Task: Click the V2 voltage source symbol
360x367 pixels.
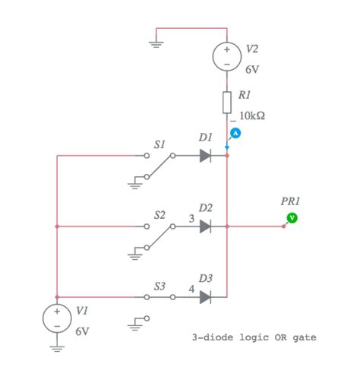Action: pyautogui.click(x=227, y=56)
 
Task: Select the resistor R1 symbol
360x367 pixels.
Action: pyautogui.click(x=227, y=101)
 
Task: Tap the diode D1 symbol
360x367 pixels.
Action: pyautogui.click(x=205, y=156)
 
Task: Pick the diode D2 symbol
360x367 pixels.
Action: pyautogui.click(x=205, y=226)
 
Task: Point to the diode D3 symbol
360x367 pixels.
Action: pyautogui.click(x=205, y=296)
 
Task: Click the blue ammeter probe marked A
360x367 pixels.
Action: pyautogui.click(x=235, y=133)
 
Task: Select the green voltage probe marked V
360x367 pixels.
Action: pyautogui.click(x=291, y=218)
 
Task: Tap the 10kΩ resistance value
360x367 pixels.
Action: pyautogui.click(x=252, y=116)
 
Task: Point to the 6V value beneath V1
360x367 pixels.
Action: pyautogui.click(x=83, y=332)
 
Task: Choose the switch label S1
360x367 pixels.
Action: pyautogui.click(x=159, y=144)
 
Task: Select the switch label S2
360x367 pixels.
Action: pyautogui.click(x=159, y=215)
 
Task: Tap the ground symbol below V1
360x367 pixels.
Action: pyautogui.click(x=57, y=348)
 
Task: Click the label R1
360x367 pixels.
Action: pyautogui.click(x=244, y=96)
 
